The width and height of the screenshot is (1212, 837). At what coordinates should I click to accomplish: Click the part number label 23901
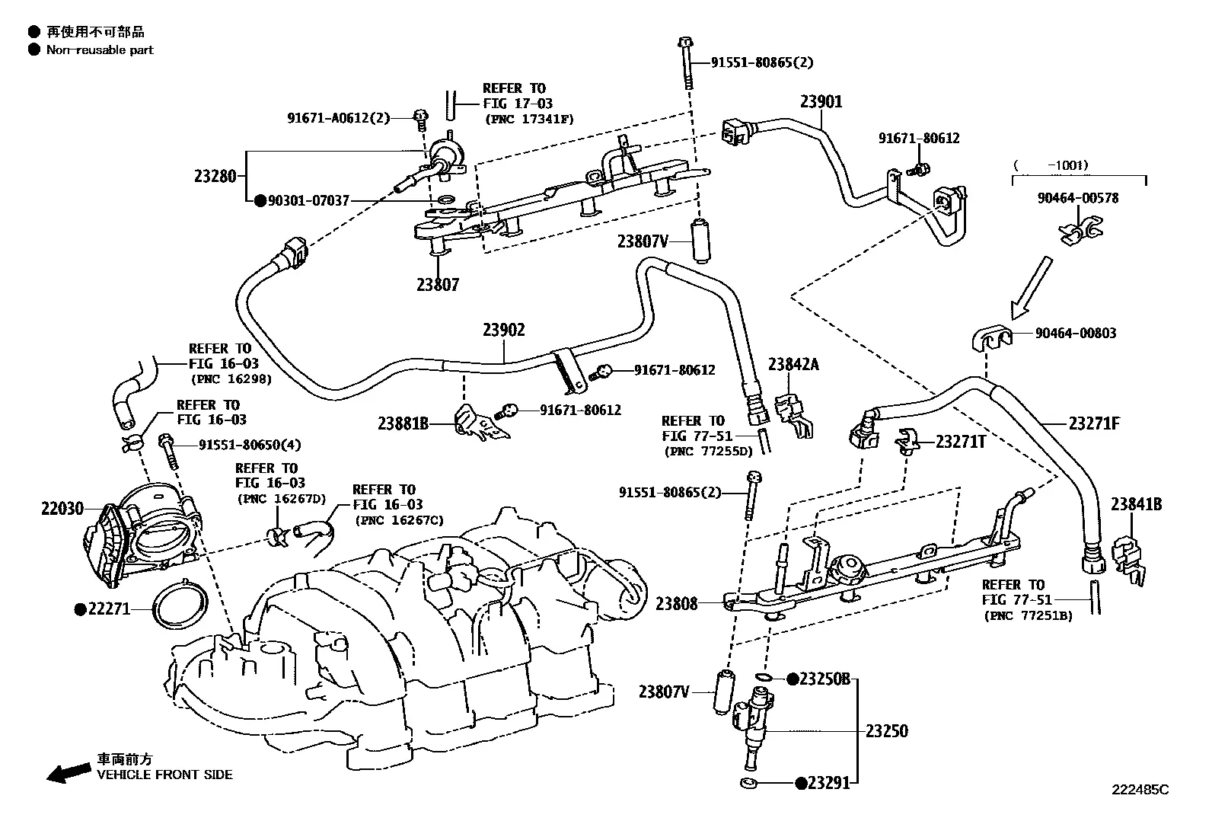click(821, 102)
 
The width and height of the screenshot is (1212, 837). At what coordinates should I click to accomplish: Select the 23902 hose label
click(504, 330)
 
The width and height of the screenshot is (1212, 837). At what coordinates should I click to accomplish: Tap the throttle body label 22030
click(62, 509)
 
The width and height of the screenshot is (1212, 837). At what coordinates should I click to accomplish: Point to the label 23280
click(215, 177)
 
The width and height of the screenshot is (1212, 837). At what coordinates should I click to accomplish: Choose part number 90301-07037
click(309, 201)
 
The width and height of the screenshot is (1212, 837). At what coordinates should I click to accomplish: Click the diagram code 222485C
click(1140, 790)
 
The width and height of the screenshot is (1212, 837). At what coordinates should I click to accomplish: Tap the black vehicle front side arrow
click(69, 772)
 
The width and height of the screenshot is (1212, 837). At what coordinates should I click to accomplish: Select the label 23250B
click(824, 679)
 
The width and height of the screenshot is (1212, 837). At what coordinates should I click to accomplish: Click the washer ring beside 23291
click(748, 783)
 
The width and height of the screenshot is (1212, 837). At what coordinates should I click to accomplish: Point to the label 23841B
click(1136, 505)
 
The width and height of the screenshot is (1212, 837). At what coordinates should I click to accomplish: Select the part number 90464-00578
click(1078, 198)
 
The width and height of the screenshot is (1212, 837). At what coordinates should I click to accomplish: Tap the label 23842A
click(793, 364)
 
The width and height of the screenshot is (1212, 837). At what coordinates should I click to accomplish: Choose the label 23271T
click(961, 442)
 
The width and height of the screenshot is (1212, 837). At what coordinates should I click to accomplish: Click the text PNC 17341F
click(529, 119)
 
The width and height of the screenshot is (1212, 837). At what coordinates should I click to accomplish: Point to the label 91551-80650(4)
click(250, 445)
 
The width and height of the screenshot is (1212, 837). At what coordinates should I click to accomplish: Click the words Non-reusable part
click(100, 50)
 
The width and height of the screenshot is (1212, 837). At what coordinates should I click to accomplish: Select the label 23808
click(676, 604)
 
